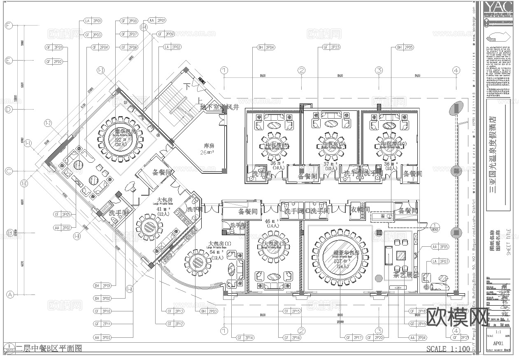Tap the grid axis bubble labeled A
tap(9, 295)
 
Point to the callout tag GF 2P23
tap(331, 47)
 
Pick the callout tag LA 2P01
tap(93, 20)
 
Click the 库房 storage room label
tap(209, 145)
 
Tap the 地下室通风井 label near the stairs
tap(219, 107)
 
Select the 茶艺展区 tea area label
tap(406, 275)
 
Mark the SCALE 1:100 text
tap(448, 349)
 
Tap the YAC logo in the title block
tap(498, 7)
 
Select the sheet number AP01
tap(498, 343)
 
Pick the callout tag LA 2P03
tap(440, 261)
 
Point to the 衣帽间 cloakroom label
tap(360, 210)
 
